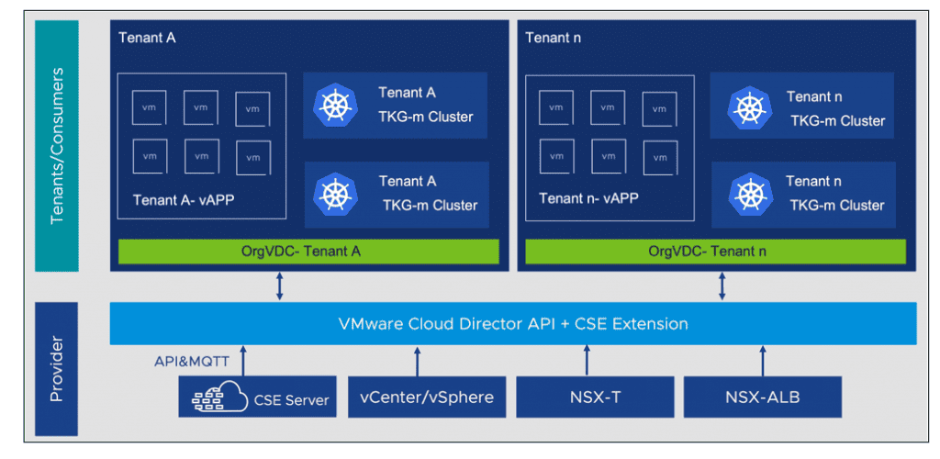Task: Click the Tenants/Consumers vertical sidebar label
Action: click(57, 145)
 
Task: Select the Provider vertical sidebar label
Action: click(57, 366)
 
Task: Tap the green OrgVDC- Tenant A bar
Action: click(308, 252)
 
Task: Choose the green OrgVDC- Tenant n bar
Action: click(712, 252)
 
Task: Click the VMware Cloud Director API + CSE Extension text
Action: click(513, 324)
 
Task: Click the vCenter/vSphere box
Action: click(426, 397)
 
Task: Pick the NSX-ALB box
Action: click(762, 397)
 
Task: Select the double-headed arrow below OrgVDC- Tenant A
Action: click(280, 285)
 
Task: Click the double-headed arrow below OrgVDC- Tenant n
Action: click(722, 285)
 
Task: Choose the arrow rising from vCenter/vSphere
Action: click(418, 361)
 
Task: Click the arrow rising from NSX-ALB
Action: click(762, 361)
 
